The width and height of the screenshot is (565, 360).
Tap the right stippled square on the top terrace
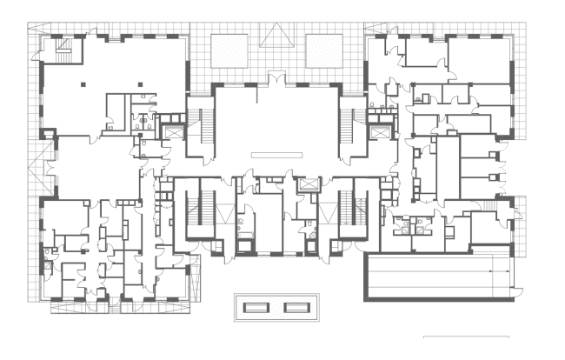(324, 48)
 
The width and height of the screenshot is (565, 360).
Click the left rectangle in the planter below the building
(255, 308)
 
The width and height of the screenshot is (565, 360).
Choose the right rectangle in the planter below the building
(296, 308)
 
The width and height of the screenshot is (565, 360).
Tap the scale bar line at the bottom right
(466, 337)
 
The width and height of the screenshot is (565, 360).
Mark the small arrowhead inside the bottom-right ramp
(493, 271)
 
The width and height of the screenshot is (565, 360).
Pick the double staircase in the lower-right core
(352, 213)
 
